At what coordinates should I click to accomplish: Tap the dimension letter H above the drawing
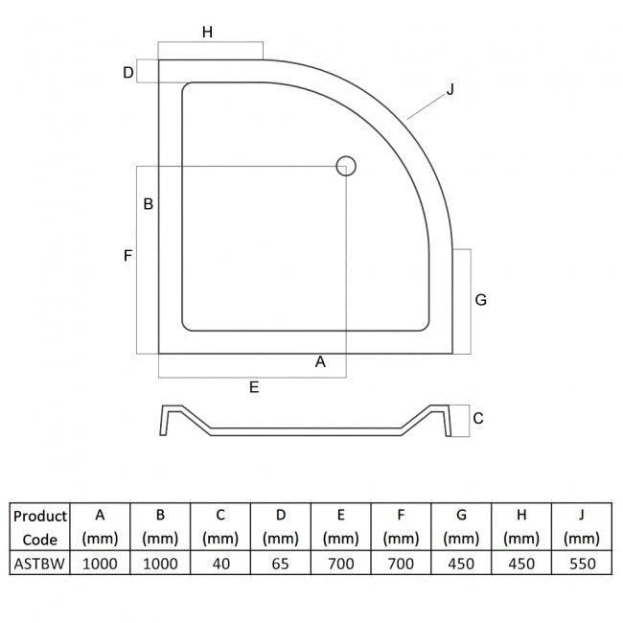pos(207,32)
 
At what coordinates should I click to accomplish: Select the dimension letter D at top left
pos(127,72)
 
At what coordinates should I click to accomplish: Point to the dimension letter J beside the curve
pos(450,90)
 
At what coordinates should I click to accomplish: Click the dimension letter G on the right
pos(481,300)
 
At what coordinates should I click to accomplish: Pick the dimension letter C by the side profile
pos(478,418)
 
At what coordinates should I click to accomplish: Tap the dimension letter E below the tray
pos(254,387)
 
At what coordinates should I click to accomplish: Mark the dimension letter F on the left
pos(127,256)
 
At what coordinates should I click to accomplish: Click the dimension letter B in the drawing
pos(149,204)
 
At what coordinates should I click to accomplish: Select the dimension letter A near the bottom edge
pos(320,361)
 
